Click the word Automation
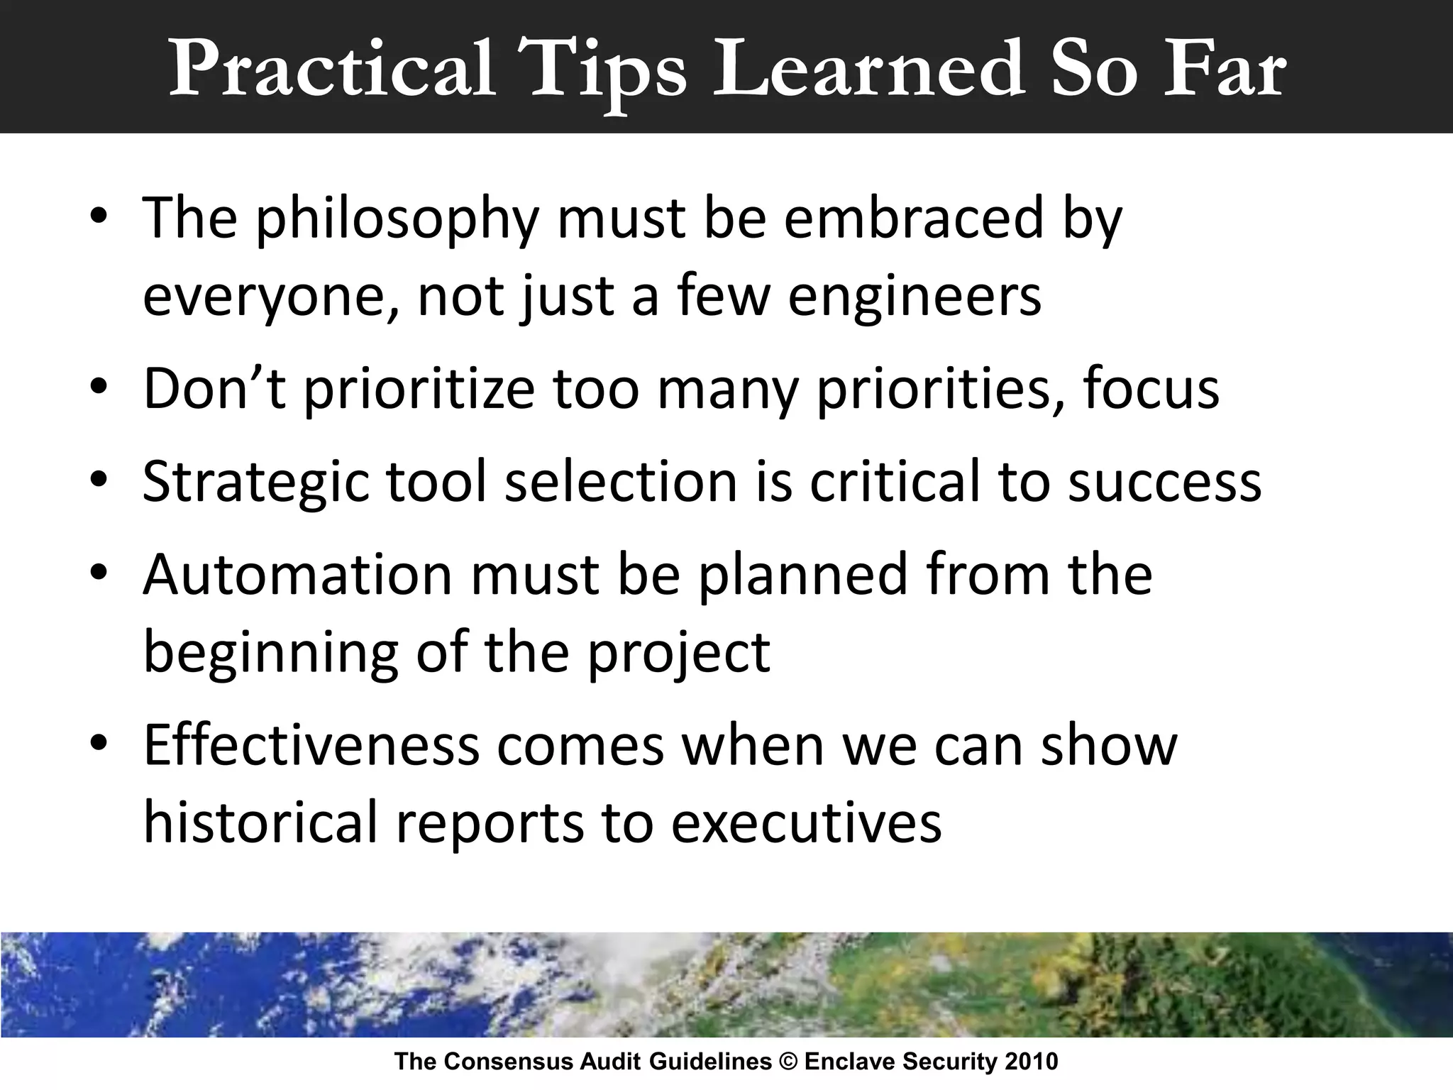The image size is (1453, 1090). tap(297, 574)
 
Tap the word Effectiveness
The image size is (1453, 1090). tap(311, 745)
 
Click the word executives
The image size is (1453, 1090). tap(806, 822)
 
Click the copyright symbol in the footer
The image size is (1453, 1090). tap(788, 1062)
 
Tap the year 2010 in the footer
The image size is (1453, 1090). tap(1032, 1062)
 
